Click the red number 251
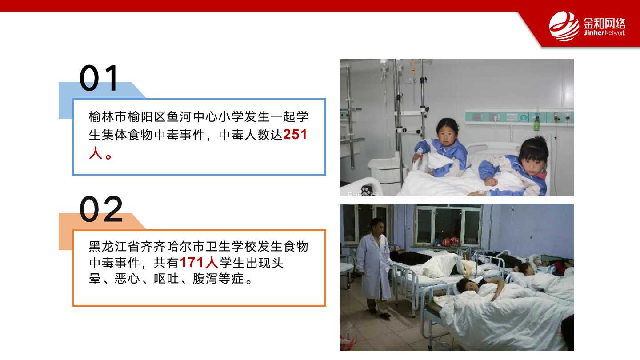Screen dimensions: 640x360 pyautogui.click(x=295, y=134)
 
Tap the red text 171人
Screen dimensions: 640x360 pyautogui.click(x=199, y=263)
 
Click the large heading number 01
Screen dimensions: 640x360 pyautogui.click(x=99, y=78)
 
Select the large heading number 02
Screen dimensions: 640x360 pyautogui.click(x=101, y=209)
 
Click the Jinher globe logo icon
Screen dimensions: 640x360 pyautogui.click(x=564, y=26)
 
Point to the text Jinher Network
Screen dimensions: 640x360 pyautogui.click(x=604, y=33)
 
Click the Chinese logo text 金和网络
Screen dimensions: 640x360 pyautogui.click(x=604, y=23)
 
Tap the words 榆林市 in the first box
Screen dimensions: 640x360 pyautogui.click(x=108, y=116)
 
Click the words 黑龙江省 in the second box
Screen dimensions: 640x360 pyautogui.click(x=114, y=247)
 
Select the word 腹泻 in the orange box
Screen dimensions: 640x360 pyautogui.click(x=205, y=279)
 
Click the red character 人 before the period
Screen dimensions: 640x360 pyautogui.click(x=96, y=153)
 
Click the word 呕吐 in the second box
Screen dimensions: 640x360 pyautogui.click(x=166, y=279)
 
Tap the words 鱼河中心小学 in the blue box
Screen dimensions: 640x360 pyautogui.click(x=205, y=116)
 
